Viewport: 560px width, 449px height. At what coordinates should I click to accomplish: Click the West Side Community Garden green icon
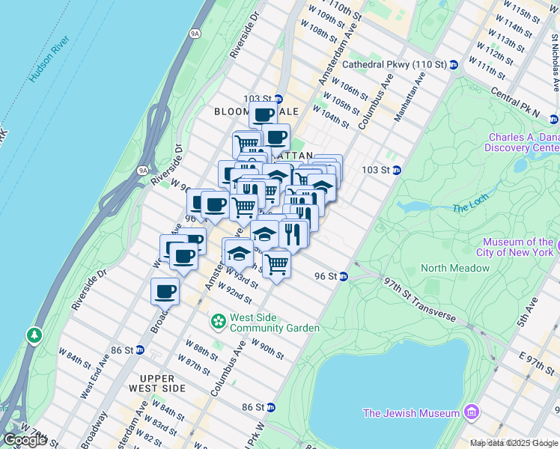(219, 322)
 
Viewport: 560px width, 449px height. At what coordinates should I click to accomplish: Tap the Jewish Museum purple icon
(471, 412)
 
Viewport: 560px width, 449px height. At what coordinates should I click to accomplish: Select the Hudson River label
(50, 58)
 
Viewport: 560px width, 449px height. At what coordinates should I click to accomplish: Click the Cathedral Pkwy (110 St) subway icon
(454, 65)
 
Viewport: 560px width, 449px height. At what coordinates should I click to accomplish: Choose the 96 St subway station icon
(344, 277)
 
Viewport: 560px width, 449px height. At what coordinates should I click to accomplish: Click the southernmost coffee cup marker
(165, 290)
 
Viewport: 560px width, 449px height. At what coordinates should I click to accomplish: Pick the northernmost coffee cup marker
(263, 116)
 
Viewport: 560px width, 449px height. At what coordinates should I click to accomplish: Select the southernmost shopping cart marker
(277, 263)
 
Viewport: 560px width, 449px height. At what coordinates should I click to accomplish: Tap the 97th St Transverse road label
(420, 299)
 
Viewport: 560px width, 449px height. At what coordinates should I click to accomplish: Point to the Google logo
(25, 440)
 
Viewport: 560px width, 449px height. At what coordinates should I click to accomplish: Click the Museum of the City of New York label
(517, 247)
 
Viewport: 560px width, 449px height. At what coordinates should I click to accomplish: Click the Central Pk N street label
(515, 104)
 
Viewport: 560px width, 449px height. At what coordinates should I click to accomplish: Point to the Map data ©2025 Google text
(514, 443)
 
